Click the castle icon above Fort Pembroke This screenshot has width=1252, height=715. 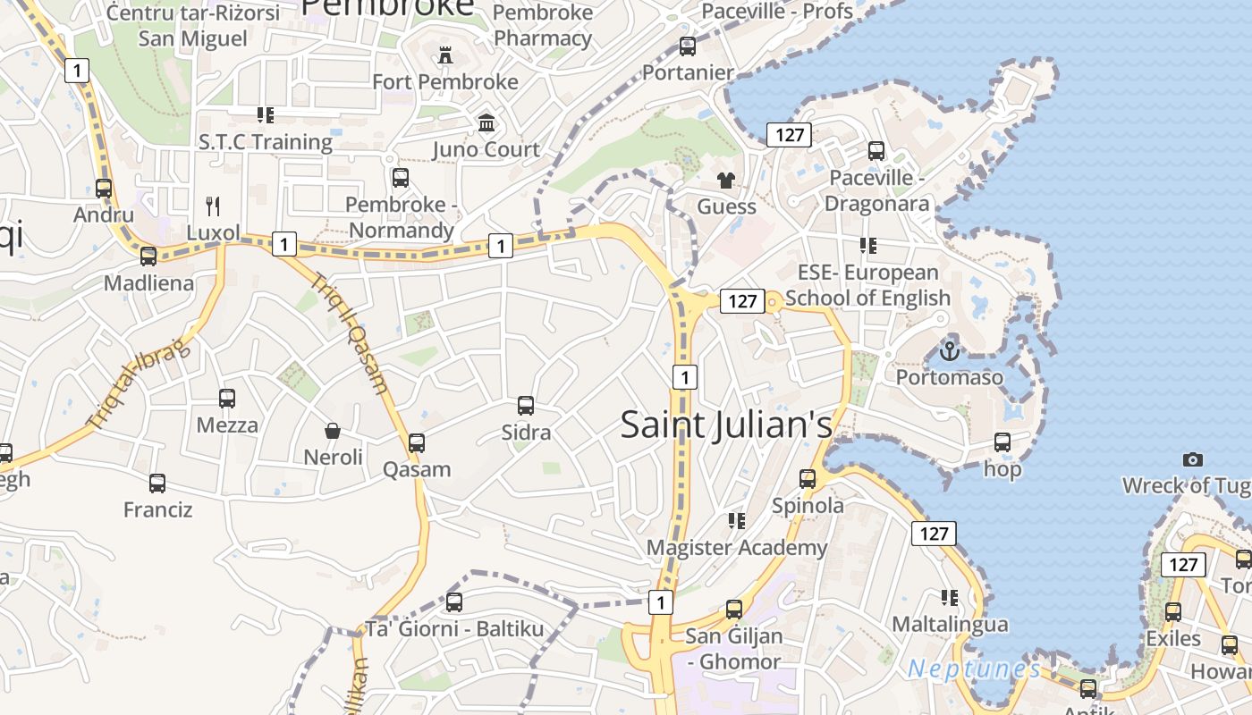click(x=445, y=55)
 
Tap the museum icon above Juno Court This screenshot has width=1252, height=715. click(x=486, y=122)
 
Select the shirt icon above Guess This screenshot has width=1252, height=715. click(x=725, y=181)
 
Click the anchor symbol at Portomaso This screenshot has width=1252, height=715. click(x=950, y=350)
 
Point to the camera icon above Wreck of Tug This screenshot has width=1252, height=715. click(x=1192, y=459)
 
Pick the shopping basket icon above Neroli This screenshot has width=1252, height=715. click(x=333, y=432)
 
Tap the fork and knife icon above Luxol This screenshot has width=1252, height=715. click(x=213, y=206)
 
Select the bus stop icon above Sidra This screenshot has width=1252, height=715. click(x=526, y=406)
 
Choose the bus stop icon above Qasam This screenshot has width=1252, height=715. click(x=417, y=442)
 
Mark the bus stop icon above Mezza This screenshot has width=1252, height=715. click(x=227, y=399)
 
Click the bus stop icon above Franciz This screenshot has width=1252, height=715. click(x=157, y=484)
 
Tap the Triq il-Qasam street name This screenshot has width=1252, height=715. click(x=351, y=332)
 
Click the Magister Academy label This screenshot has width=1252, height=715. click(x=737, y=547)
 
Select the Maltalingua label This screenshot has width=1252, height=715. click(x=950, y=624)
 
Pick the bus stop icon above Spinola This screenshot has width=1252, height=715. click(x=808, y=479)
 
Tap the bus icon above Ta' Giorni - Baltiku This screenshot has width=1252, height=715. click(x=454, y=602)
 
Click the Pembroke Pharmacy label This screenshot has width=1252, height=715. click(x=543, y=25)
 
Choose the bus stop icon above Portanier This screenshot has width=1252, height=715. click(x=688, y=46)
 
